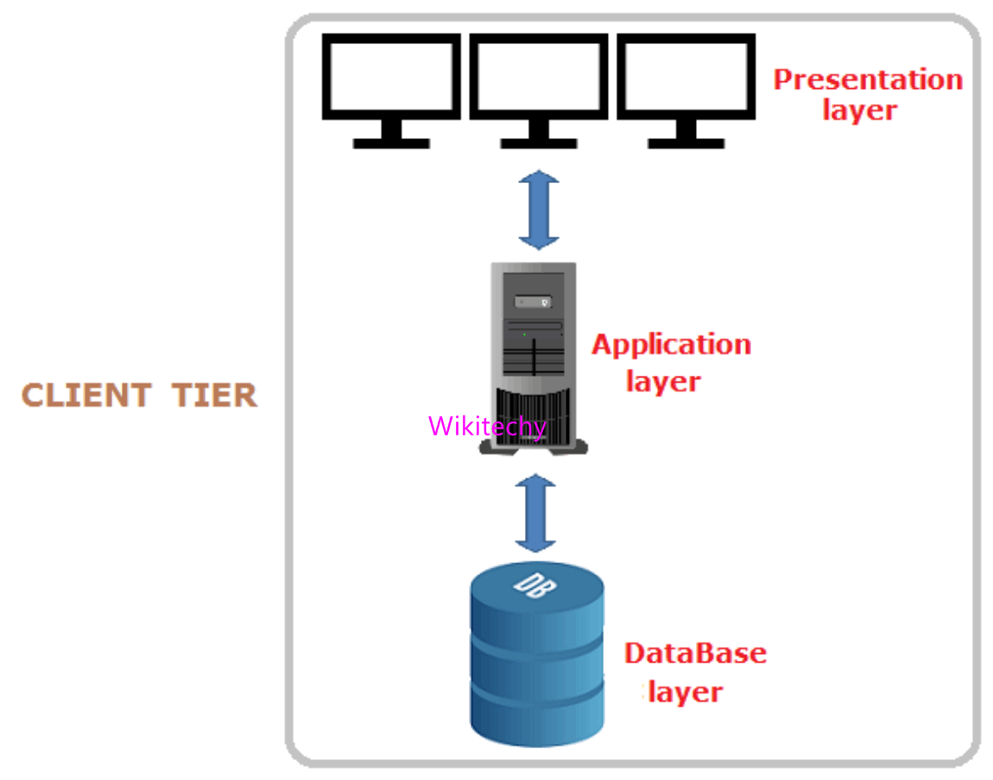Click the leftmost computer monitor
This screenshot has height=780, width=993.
tap(391, 78)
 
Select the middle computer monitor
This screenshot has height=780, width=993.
tap(538, 78)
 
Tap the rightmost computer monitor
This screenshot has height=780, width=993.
tap(686, 78)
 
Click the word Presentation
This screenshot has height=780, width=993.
tap(867, 79)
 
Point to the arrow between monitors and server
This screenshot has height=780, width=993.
tap(539, 210)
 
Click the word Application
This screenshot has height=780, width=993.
tap(671, 345)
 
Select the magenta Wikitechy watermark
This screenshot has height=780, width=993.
tap(487, 427)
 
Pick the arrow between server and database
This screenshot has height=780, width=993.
tap(536, 512)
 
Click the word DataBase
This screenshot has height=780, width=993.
tap(695, 653)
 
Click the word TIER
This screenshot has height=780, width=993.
tap(214, 396)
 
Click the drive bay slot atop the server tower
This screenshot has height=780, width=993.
tap(532, 301)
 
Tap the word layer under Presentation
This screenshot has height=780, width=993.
tap(859, 111)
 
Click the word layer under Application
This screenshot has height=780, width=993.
tap(663, 382)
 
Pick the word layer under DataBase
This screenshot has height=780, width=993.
tap(685, 692)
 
